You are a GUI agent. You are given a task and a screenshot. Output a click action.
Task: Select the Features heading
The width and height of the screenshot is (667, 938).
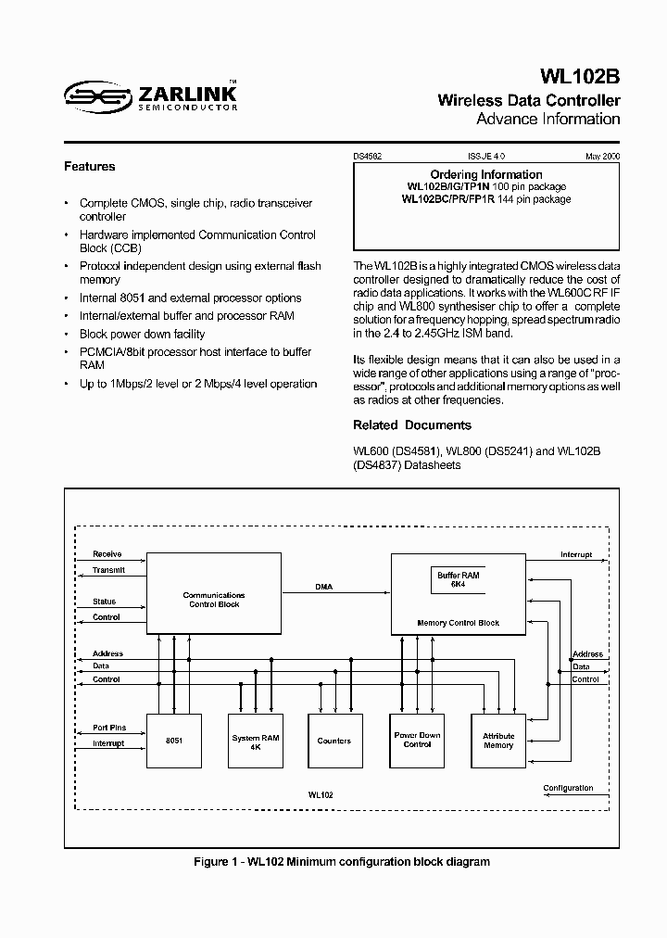89,167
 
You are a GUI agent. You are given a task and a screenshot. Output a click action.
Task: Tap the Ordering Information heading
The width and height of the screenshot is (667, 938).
486,174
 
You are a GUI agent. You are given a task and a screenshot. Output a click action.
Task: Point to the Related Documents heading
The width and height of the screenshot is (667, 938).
412,425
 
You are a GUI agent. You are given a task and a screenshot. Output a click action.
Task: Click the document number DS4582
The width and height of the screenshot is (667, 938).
368,158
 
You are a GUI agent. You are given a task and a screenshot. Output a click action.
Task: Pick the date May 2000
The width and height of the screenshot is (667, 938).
602,158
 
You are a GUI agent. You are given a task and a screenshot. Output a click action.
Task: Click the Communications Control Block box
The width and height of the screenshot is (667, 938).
214,599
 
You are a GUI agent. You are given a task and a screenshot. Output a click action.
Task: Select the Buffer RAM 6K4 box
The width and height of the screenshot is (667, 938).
459,580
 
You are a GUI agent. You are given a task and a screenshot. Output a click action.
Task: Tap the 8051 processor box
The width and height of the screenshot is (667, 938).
173,742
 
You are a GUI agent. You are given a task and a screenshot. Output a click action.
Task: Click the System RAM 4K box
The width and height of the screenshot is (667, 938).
255,742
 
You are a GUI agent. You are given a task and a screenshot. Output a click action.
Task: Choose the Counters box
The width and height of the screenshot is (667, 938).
334,742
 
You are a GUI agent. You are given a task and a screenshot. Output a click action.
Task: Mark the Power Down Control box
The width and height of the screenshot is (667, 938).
418,740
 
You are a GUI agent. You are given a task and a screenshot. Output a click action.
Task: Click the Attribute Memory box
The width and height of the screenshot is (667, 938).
498,741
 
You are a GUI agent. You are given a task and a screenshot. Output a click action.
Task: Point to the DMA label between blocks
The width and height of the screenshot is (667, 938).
323,587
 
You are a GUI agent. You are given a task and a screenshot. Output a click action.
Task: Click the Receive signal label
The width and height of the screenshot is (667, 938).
107,554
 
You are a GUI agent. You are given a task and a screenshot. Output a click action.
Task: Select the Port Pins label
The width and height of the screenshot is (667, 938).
109,728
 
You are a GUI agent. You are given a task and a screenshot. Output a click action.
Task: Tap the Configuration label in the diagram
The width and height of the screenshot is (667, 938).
568,788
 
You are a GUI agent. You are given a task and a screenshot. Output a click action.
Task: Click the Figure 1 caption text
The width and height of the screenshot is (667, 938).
342,862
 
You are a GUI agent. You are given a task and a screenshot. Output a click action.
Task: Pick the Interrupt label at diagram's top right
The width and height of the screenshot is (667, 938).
576,554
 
